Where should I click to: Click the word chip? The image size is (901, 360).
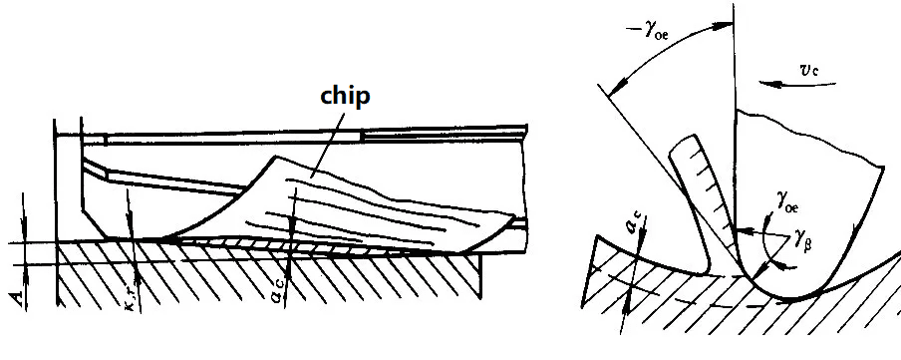coord(345,96)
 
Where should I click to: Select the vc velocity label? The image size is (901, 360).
coord(809,70)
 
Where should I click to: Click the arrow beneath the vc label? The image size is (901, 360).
coord(797,84)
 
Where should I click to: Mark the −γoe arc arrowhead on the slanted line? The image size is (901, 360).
coord(614,90)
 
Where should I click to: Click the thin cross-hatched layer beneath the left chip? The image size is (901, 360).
coord(299,244)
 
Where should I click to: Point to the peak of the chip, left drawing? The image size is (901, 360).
coord(276,157)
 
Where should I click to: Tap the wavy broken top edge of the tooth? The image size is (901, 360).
coord(807,134)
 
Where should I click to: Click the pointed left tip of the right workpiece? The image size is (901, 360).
coord(598,235)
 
